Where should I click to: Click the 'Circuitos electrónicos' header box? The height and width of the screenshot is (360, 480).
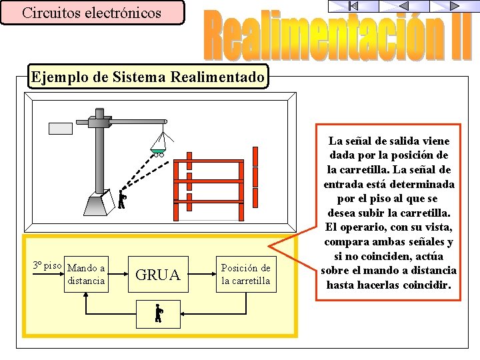tap(92, 13)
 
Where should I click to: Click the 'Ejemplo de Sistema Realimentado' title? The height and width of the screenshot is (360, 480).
tap(147, 77)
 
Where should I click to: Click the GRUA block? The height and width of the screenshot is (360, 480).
tap(158, 275)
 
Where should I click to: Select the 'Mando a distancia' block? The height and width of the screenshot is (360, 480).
tap(86, 275)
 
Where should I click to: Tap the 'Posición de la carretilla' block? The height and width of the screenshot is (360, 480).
tap(245, 275)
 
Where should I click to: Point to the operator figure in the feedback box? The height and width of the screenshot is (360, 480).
tap(158, 314)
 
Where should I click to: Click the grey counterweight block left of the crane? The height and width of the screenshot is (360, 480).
tap(61, 129)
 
